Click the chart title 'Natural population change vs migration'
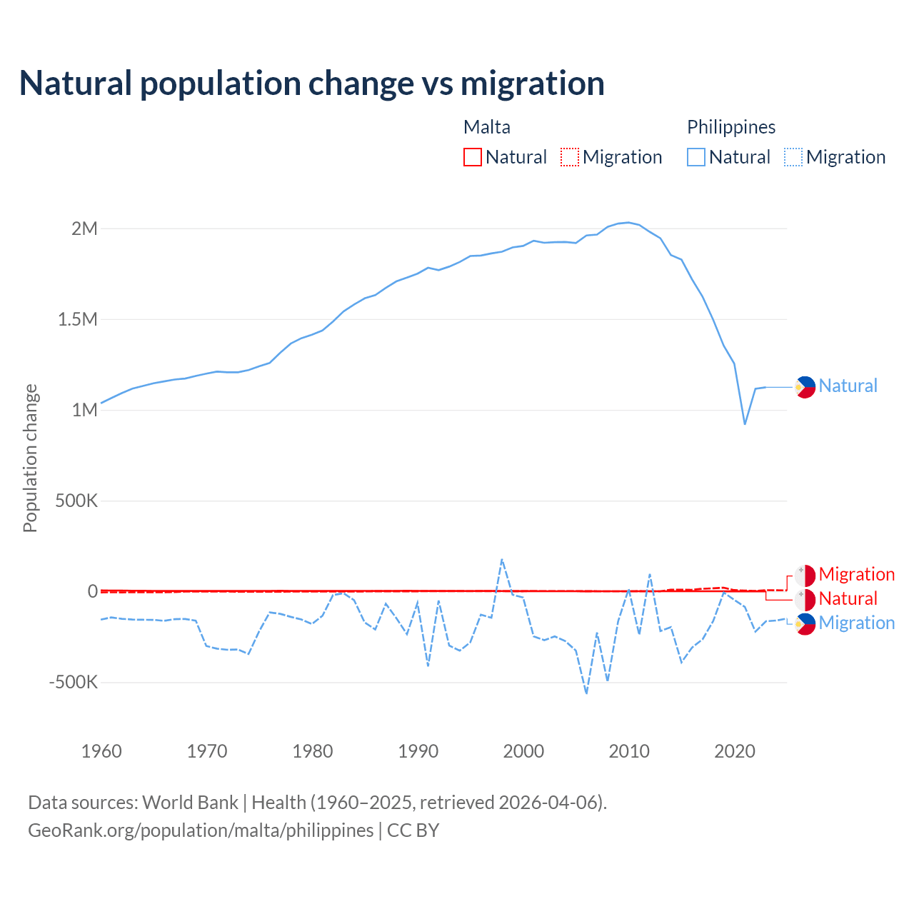coord(312,84)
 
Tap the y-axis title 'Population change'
coord(30,458)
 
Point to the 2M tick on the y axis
coord(84,228)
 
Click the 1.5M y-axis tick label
coord(78,319)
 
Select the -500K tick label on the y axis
coord(73,682)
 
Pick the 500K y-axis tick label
coord(76,501)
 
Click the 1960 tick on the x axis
coord(101,751)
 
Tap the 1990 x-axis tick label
coord(418,751)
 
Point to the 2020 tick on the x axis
coord(735,751)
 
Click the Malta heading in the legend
coord(487,127)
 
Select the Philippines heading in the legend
coord(731,127)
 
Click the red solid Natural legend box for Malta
coord(473,157)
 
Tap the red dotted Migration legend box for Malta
coord(570,157)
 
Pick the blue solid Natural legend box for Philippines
coord(696,157)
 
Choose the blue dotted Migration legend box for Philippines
coord(793,157)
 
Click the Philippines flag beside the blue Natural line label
coord(805,386)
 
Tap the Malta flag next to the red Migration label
coord(805,575)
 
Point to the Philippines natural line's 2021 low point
coord(745,424)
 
